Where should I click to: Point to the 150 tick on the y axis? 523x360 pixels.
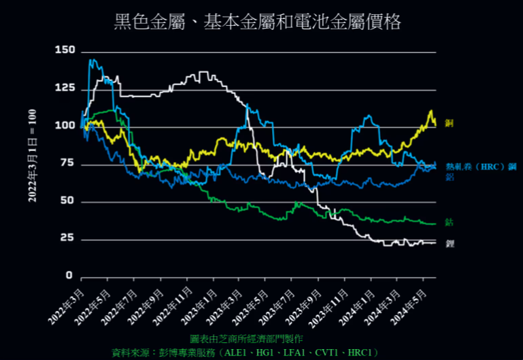tap(65, 50)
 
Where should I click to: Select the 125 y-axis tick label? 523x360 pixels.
tap(65, 88)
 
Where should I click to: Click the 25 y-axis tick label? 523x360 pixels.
tap(68, 238)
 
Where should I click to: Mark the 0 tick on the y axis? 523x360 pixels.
tap(71, 276)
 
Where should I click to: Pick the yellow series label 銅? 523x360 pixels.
tap(449, 122)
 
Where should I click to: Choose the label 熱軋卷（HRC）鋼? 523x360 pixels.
tap(481, 166)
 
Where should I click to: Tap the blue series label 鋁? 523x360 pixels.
tap(450, 176)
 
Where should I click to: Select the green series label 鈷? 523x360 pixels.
tap(449, 222)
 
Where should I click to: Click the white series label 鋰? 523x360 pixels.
tap(449, 243)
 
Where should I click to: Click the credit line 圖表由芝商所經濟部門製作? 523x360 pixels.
tap(247, 338)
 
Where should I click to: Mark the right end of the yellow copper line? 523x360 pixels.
tap(435, 123)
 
